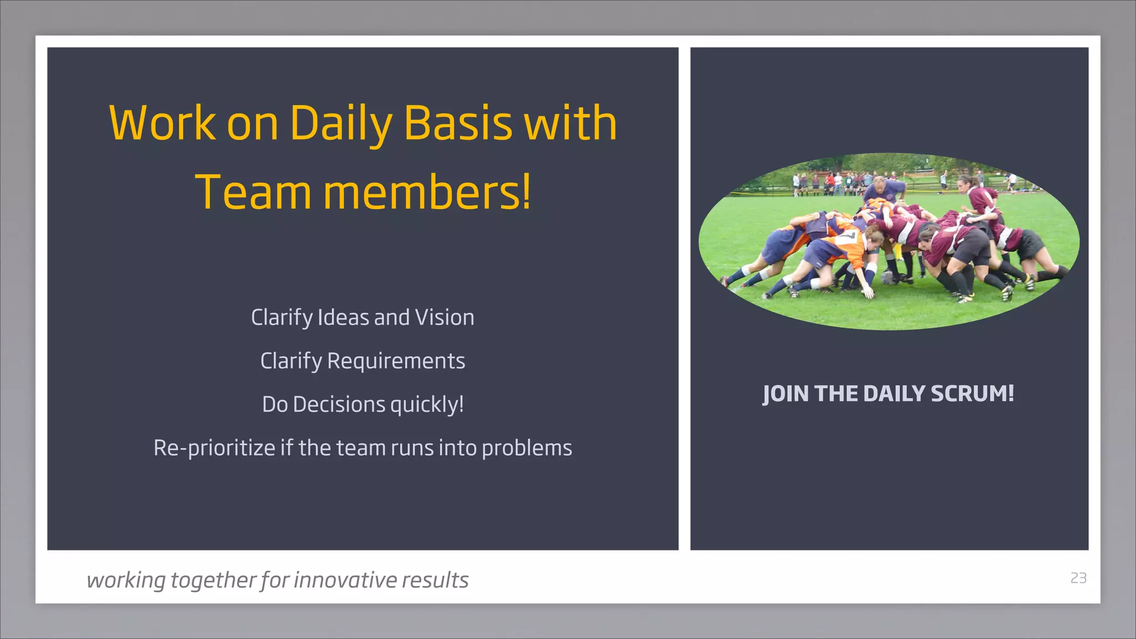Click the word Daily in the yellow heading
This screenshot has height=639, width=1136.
[x=341, y=123]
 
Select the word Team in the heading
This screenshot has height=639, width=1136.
[x=253, y=192]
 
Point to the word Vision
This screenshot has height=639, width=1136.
[x=444, y=318]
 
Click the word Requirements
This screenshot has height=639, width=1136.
[x=395, y=361]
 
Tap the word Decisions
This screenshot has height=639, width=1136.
[x=338, y=404]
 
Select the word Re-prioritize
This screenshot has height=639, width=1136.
[x=214, y=448]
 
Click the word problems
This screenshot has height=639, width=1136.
[x=526, y=448]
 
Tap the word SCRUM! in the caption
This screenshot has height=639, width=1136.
[x=972, y=394]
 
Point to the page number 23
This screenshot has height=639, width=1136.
[x=1078, y=578]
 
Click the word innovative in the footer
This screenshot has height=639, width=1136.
[x=345, y=580]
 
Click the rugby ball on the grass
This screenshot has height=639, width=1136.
[x=890, y=277]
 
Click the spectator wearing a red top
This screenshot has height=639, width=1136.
[x=830, y=180]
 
